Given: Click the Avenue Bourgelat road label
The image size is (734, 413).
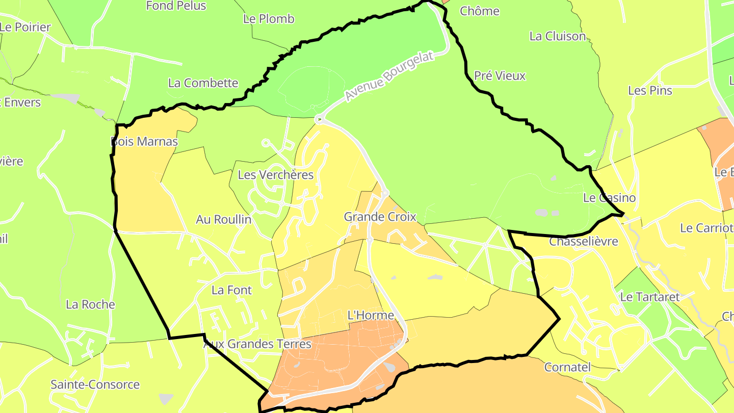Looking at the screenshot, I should (389, 76).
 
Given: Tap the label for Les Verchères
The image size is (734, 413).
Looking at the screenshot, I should (276, 175).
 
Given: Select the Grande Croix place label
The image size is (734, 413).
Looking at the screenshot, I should (380, 217).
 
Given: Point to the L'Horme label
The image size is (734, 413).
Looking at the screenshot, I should (371, 315).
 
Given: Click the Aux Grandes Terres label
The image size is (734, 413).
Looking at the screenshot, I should (257, 344).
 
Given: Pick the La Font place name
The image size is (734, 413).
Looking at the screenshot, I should (232, 290).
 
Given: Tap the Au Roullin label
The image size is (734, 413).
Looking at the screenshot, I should (224, 219).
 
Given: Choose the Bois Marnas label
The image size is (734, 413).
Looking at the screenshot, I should (145, 141).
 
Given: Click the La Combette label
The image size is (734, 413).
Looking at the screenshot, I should (203, 83).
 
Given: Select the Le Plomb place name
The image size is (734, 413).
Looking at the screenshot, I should (269, 19).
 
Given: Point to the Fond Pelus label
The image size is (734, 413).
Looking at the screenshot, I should (176, 6).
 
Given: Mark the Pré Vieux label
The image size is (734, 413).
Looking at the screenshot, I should (500, 75).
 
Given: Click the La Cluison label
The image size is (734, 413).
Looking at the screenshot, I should (558, 36).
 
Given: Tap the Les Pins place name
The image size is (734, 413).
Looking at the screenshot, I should (650, 90).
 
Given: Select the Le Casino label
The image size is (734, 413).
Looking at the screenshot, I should (609, 197).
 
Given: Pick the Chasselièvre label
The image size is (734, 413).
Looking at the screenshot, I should (583, 241).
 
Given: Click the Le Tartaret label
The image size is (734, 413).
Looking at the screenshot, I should (650, 296).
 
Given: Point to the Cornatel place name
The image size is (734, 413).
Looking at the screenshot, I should (567, 367).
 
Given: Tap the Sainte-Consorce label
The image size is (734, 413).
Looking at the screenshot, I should (95, 384).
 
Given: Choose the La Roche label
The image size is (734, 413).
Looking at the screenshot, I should (91, 304).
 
